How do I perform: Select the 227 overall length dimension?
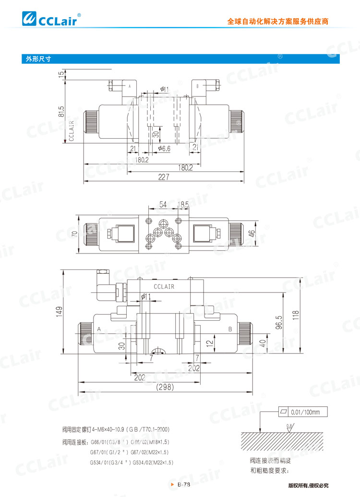164,177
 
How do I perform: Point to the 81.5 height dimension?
61,111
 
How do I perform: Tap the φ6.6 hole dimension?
164,149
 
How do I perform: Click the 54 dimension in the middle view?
163,205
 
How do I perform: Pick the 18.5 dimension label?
183,205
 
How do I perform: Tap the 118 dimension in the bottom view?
296,315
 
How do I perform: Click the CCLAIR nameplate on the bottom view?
164,287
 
